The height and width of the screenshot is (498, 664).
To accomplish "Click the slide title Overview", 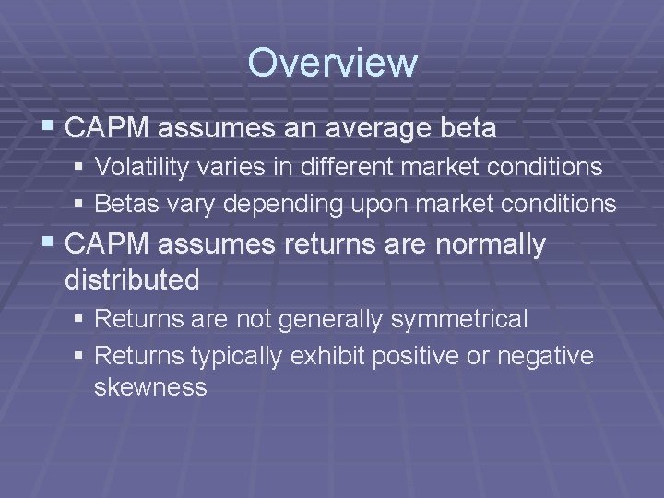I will click(x=332, y=64).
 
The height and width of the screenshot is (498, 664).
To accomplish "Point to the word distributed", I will click(x=132, y=280).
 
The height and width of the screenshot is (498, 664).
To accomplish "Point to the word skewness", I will click(x=150, y=387).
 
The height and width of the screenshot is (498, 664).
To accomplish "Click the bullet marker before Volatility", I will click(x=82, y=169).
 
